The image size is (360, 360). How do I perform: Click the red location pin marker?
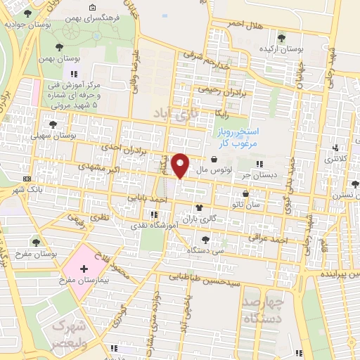click(x=181, y=165)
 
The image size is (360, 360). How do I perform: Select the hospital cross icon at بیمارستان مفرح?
click(x=84, y=269)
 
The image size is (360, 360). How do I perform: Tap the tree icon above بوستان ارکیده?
click(x=281, y=38)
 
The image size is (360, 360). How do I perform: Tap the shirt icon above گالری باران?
click(x=199, y=208)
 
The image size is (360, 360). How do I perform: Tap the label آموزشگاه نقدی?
click(x=146, y=226)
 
